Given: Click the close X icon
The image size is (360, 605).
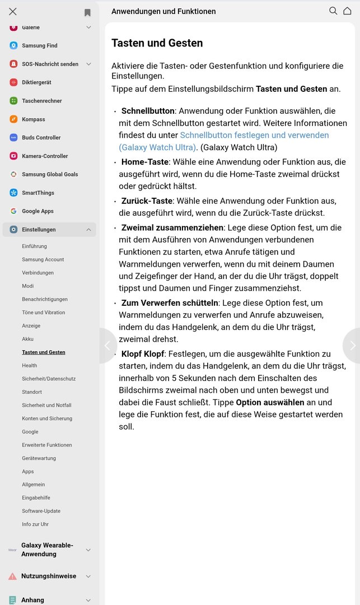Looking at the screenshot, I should [x=13, y=11].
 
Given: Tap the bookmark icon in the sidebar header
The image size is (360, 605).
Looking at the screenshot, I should [x=87, y=12].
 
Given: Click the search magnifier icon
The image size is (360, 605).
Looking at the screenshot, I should [x=333, y=11].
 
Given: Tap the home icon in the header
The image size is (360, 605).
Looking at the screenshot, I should [x=347, y=11].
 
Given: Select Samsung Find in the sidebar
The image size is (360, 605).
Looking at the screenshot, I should [x=39, y=46].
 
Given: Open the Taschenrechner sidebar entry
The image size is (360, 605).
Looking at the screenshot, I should [x=41, y=101].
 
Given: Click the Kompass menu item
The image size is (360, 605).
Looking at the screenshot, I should [x=33, y=119].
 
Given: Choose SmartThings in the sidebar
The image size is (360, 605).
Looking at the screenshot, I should [x=38, y=193].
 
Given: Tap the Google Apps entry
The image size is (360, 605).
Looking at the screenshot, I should [x=38, y=211].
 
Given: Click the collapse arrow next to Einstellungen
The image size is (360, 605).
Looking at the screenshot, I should [x=88, y=230].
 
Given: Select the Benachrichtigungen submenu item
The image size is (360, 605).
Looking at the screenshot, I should [x=45, y=299].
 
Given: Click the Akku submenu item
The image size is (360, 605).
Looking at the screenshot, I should [x=28, y=339].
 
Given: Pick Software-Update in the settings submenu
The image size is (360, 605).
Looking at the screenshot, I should [x=41, y=511].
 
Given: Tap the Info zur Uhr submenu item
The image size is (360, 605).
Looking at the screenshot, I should [x=35, y=524].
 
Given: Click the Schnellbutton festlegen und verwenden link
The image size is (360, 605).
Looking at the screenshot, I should [x=254, y=135].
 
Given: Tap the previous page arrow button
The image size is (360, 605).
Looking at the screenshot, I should [x=107, y=346].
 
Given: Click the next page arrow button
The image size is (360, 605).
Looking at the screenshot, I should [x=352, y=346].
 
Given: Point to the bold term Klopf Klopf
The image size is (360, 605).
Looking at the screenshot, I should [x=142, y=354].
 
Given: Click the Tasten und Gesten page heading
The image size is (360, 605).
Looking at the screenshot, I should [x=157, y=43].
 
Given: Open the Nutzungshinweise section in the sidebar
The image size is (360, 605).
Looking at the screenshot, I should [x=48, y=576].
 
